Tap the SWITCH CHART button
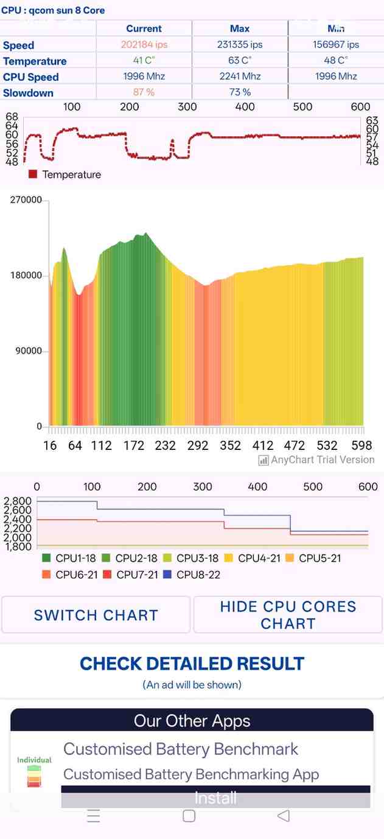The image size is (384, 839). tap(96, 615)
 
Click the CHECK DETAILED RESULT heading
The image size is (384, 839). tap(192, 663)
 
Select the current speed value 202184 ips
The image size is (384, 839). tap(144, 44)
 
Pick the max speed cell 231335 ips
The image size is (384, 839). tap(240, 44)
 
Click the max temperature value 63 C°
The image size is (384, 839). tap(240, 60)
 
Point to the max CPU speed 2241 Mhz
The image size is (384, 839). tap(240, 76)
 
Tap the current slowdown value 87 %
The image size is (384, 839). tap(144, 92)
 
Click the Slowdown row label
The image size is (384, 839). tap(28, 93)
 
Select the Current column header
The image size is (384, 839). tap(144, 29)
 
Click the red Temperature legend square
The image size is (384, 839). tap(33, 174)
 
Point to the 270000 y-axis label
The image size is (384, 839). tap(26, 200)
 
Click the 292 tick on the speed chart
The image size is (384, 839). tap(198, 446)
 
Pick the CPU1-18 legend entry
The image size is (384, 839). tap(69, 558)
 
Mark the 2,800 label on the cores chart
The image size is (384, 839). tap(17, 501)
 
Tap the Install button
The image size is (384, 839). tap(215, 798)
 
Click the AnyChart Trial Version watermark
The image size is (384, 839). tap(316, 460)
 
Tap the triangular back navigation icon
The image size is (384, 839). tap(283, 816)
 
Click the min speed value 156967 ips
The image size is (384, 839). tap(335, 44)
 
